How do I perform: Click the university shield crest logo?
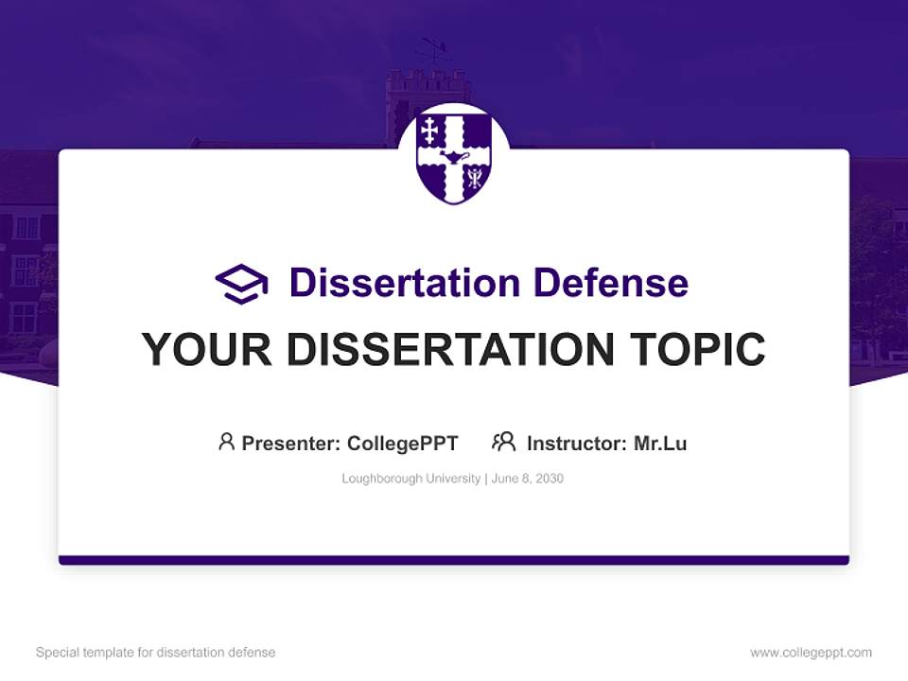[x=454, y=156]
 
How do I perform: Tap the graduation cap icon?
[x=241, y=283]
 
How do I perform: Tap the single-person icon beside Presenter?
[x=226, y=442]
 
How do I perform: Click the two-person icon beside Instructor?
[x=503, y=442]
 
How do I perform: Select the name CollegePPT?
[x=403, y=444]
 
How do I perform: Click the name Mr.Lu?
[x=660, y=444]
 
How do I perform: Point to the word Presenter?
[x=291, y=444]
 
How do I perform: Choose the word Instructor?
[x=577, y=444]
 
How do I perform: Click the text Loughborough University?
[x=410, y=479]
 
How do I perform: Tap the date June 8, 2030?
[x=527, y=479]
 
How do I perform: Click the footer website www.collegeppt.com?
[x=811, y=653]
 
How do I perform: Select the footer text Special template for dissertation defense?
[x=155, y=653]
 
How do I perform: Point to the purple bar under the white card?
[x=454, y=560]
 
